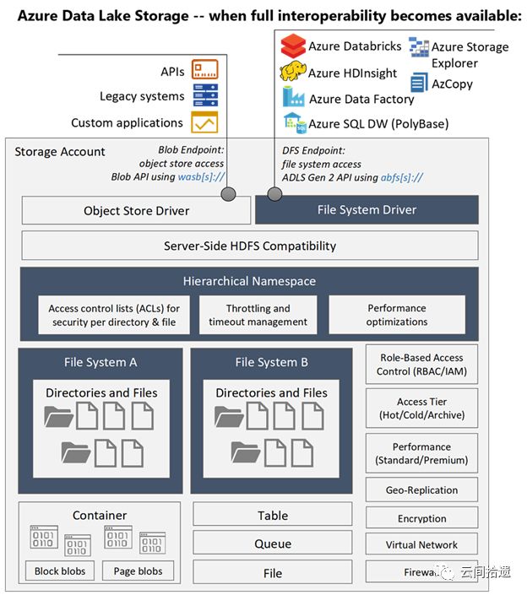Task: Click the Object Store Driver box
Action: [136, 210]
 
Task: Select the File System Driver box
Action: [367, 210]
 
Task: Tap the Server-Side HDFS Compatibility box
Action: [250, 246]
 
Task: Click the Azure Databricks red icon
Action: [293, 46]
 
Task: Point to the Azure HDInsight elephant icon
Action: [293, 71]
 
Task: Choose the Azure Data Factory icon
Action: [293, 97]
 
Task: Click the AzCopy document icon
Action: [419, 83]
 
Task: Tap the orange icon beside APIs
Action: [204, 69]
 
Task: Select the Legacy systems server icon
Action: [205, 95]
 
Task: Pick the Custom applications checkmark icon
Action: [204, 122]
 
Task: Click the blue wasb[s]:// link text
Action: [202, 177]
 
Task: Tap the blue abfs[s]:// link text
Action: [402, 177]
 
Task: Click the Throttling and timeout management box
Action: [258, 315]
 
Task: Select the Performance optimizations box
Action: [397, 315]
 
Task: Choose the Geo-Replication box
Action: [421, 490]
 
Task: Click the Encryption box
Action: [421, 518]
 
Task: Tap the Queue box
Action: [273, 544]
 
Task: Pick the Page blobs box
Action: [139, 571]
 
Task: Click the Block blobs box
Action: [60, 571]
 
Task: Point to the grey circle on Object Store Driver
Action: [228, 194]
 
